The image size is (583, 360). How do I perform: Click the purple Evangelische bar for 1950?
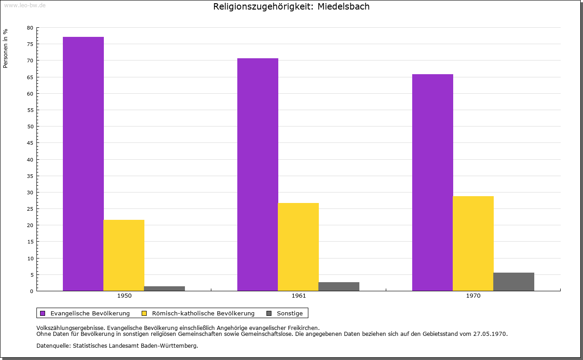[x=83, y=164]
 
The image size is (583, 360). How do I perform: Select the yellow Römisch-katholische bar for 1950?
[x=124, y=255]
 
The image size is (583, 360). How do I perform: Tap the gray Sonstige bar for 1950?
[x=164, y=289]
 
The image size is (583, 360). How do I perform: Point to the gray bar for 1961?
[x=339, y=286]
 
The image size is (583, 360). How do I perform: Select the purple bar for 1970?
[x=433, y=183]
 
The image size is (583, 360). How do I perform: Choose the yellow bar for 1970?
[x=473, y=243]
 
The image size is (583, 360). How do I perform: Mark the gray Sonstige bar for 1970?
[x=514, y=282]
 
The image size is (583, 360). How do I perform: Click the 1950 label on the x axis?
[x=124, y=296]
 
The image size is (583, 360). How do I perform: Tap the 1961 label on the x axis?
[x=299, y=296]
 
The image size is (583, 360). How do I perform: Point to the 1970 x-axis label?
[x=473, y=296]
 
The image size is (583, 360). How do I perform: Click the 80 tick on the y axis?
[x=30, y=28]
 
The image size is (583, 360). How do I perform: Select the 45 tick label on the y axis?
[x=30, y=143]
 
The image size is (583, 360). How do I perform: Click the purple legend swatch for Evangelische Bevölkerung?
[x=43, y=313]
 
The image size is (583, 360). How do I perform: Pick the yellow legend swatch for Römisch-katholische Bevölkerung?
[x=144, y=313]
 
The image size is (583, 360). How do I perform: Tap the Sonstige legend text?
[x=290, y=313]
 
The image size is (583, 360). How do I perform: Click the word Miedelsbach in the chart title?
[x=344, y=6]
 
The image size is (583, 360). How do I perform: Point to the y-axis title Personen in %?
[x=5, y=48]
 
